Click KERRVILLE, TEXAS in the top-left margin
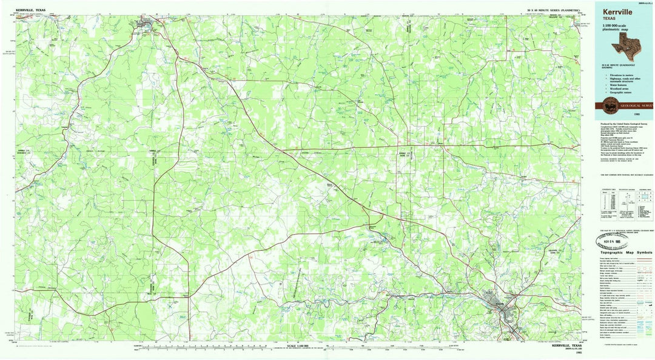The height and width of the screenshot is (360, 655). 32,10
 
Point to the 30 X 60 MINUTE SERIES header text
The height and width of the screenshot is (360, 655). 553,11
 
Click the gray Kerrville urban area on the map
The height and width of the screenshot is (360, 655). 503,306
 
